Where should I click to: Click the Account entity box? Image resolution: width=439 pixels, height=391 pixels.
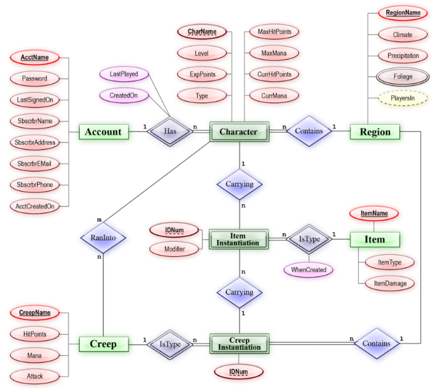pos(103,132)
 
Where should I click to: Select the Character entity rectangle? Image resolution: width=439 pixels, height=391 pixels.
pos(238,132)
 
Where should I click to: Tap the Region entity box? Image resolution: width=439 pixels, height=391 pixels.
pos(375,132)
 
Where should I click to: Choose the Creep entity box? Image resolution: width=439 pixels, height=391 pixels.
pos(103,344)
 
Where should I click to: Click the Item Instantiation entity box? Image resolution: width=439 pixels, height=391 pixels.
pos(238,239)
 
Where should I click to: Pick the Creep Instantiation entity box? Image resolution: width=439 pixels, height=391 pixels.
pos(238,344)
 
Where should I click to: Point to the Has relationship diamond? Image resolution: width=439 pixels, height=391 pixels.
pos(170,132)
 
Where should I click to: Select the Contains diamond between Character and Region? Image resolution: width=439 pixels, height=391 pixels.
pos(309,132)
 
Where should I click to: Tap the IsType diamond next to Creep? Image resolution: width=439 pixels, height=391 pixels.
pos(170,344)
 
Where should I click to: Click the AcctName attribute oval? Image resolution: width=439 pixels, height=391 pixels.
pos(35,57)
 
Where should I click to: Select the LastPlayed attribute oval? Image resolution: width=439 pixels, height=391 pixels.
pos(124,75)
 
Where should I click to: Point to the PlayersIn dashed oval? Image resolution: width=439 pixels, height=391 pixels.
pos(402,98)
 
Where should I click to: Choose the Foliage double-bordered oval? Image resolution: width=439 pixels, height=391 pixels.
pos(402,76)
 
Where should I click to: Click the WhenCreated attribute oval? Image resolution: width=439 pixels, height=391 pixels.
pos(308,269)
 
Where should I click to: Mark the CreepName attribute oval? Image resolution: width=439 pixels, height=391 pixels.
pos(35,312)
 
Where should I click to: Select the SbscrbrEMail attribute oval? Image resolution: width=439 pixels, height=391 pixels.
pos(35,164)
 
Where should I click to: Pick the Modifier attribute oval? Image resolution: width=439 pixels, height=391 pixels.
pos(174,249)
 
